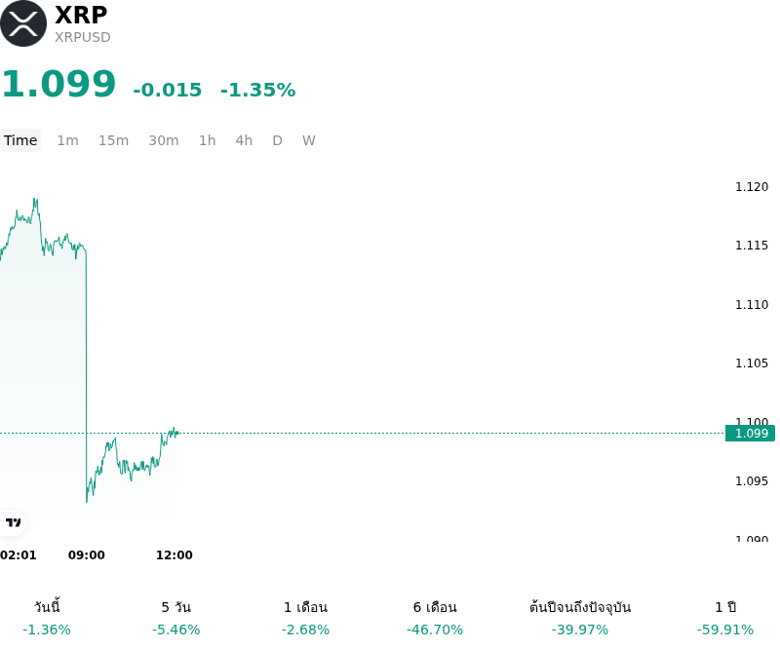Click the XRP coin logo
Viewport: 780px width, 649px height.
coord(22,23)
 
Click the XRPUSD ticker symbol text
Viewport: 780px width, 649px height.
coord(83,37)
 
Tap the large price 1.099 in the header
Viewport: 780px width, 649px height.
coord(58,84)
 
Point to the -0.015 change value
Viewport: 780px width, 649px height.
coord(168,90)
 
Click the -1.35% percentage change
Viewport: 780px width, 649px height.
coord(257,90)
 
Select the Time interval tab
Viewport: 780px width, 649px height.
coord(20,140)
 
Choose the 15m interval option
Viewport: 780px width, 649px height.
coord(113,140)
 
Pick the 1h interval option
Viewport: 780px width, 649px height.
coord(208,140)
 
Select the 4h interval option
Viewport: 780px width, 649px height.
coord(244,140)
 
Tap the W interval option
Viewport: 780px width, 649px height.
coord(309,140)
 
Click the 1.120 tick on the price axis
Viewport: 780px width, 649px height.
coord(752,187)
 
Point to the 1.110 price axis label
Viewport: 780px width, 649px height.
coord(752,304)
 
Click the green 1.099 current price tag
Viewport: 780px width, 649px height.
coord(750,434)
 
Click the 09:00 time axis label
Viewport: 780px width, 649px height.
coord(87,555)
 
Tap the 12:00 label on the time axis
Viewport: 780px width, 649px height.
coord(175,555)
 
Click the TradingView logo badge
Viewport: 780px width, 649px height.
coord(13,522)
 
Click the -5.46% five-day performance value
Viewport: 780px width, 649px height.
coord(176,630)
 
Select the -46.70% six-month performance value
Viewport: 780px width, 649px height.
coord(435,630)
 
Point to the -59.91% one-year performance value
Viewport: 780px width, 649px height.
coord(725,630)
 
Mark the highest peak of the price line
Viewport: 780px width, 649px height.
coord(35,199)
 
